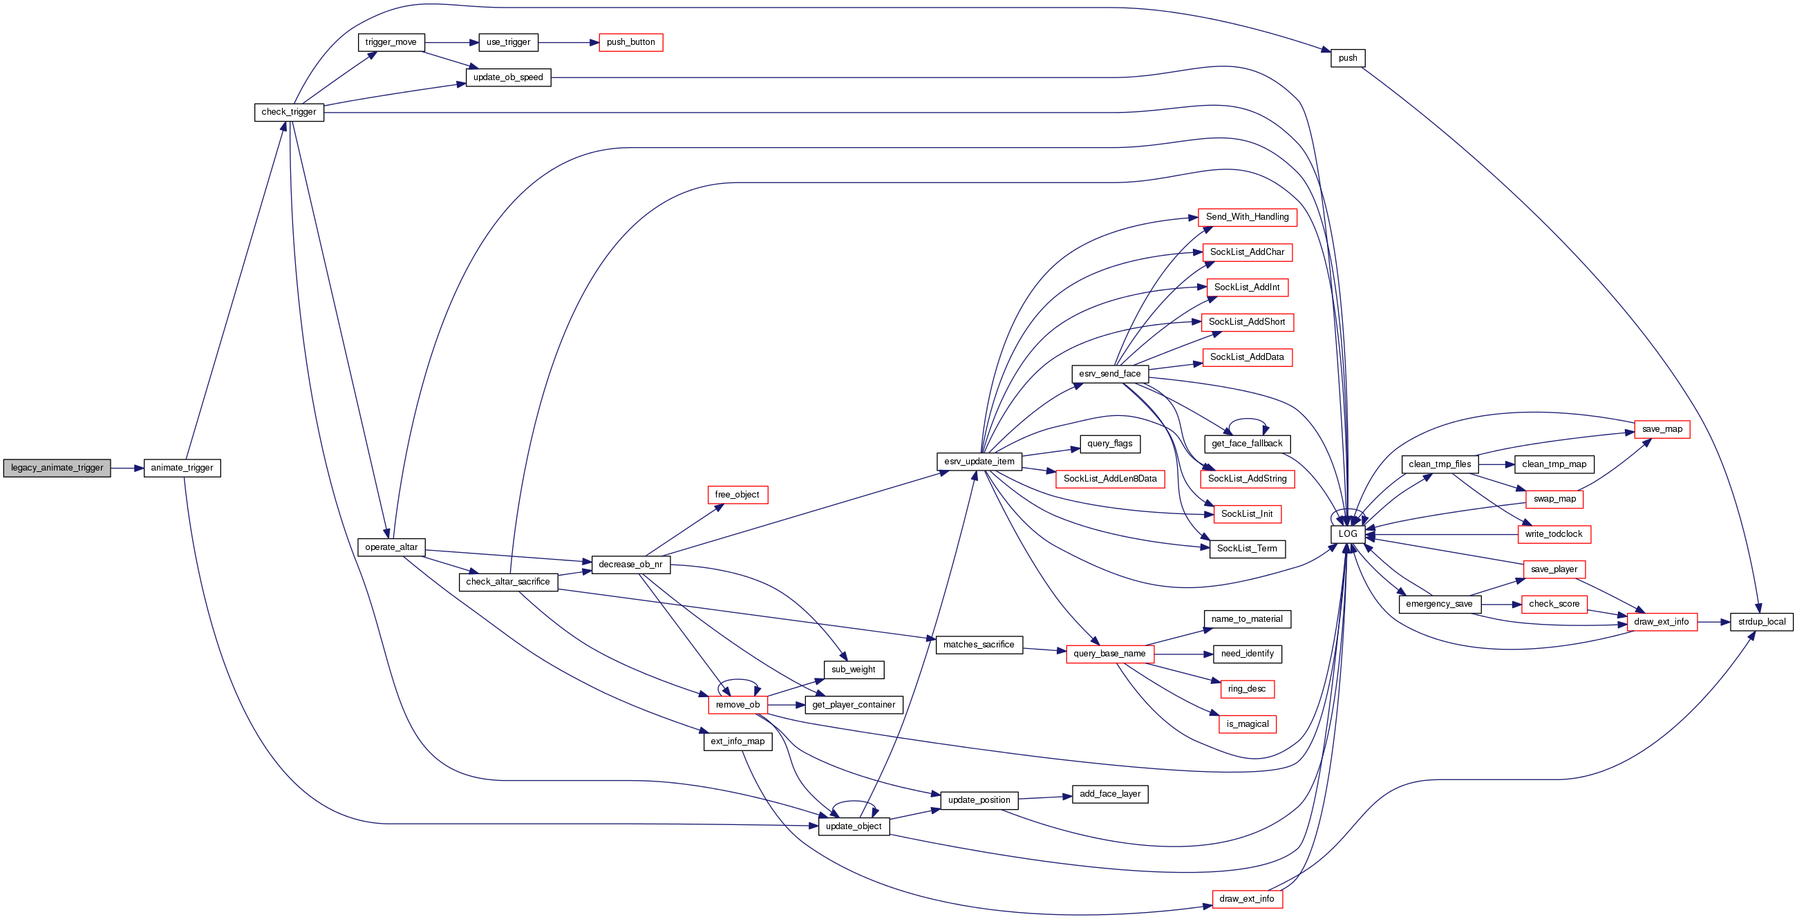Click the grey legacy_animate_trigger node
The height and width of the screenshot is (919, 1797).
click(57, 468)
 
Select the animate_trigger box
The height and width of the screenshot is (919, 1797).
click(182, 468)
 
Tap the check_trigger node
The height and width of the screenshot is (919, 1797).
click(289, 112)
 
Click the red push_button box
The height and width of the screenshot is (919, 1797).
click(630, 43)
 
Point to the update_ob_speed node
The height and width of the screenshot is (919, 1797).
click(508, 77)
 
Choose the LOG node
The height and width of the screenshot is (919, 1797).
click(1348, 534)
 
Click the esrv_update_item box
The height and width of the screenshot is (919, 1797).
click(979, 462)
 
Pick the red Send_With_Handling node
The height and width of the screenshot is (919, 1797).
click(1248, 217)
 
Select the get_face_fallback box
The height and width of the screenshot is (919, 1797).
click(1248, 444)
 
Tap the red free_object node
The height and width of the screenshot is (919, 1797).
click(737, 495)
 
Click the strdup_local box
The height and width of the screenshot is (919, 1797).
click(1762, 622)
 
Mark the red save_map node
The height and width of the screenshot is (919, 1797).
click(1662, 430)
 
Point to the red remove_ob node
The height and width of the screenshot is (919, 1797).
click(737, 705)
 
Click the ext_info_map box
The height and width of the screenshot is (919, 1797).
click(737, 741)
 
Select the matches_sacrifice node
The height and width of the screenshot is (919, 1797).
click(979, 645)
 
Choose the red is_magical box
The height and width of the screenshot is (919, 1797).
click(1248, 724)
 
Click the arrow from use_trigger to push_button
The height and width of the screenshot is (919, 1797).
click(569, 43)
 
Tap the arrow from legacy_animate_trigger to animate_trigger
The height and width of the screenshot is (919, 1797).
click(127, 468)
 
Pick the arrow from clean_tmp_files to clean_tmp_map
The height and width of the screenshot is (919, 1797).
click(1496, 464)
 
